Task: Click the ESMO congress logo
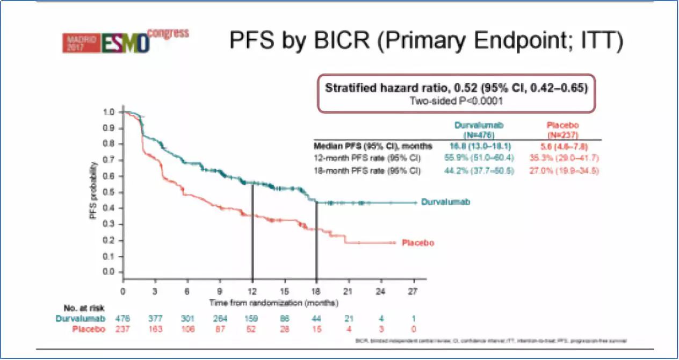(x=125, y=41)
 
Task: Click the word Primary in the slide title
(x=412, y=41)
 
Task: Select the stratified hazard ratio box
(x=456, y=93)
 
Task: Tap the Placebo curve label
(x=418, y=243)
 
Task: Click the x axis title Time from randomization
(x=273, y=303)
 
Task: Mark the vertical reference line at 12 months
(x=252, y=231)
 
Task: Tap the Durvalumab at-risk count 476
(x=123, y=319)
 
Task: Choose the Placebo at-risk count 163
(x=155, y=329)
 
